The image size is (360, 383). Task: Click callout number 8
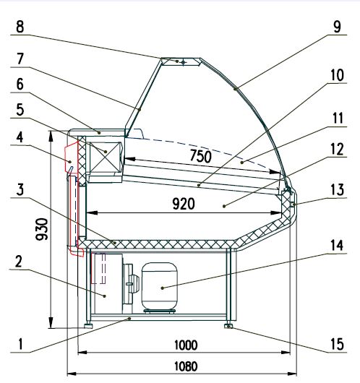coord(20,27)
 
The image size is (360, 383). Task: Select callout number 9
coord(337,27)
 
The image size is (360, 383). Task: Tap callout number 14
coord(337,245)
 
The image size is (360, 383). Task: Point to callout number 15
coord(337,344)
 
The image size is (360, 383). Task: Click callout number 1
coord(20,344)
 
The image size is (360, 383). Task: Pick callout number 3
coord(20,190)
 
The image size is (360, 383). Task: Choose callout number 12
coord(337,150)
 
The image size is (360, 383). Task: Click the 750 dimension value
coord(201,156)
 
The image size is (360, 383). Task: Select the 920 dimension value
coord(184,204)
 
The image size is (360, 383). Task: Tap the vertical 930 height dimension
coord(42,229)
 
